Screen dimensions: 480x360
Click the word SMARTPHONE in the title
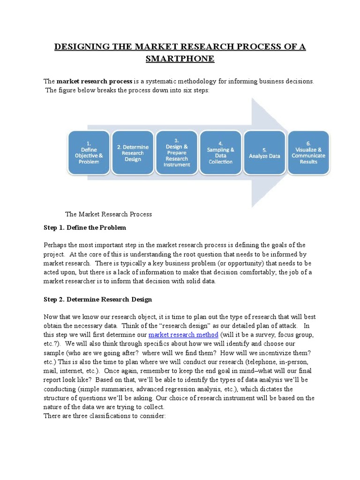coord(180,59)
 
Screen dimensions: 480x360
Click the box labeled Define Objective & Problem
coord(89,152)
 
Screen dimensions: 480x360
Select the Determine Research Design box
coord(133,152)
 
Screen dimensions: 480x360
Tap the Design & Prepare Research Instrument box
coord(177,152)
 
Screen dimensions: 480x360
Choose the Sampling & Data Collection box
coord(221,152)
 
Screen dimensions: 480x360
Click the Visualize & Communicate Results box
coord(308,152)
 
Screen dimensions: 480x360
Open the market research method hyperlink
coord(183,335)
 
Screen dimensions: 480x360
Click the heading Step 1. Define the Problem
coord(85,228)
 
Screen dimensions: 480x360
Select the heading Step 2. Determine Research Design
coord(97,299)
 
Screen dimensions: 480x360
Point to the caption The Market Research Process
coord(108,214)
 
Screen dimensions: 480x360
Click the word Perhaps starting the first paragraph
coord(56,245)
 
